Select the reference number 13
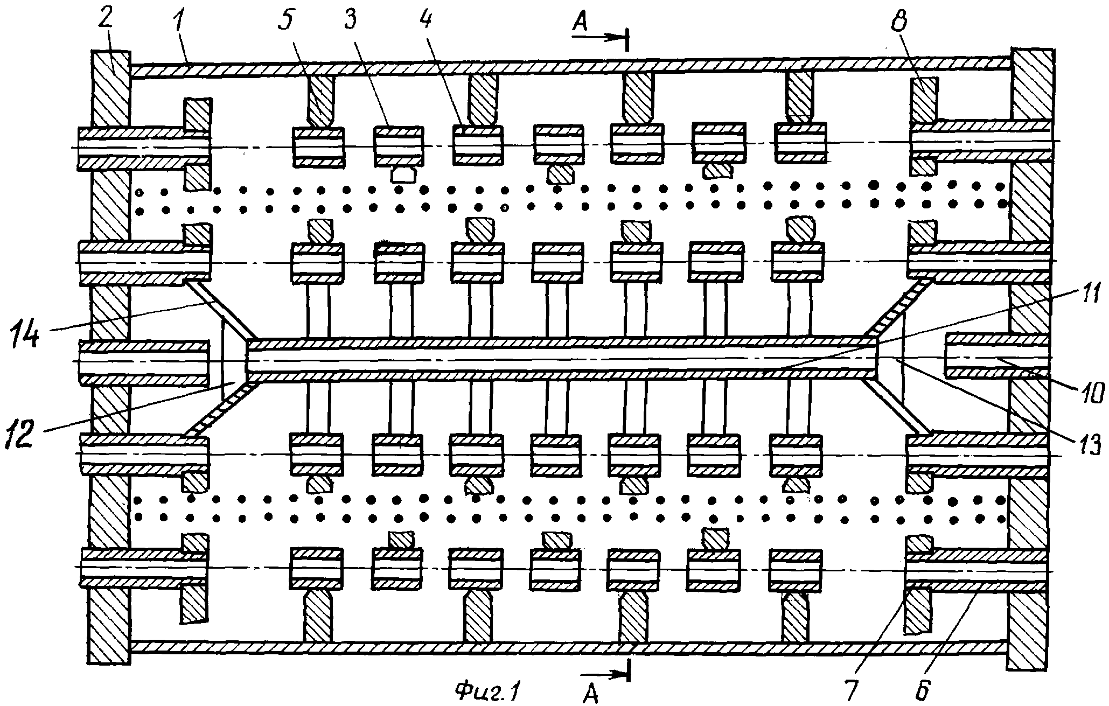coord(1083,445)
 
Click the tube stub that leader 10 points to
coord(997,356)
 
